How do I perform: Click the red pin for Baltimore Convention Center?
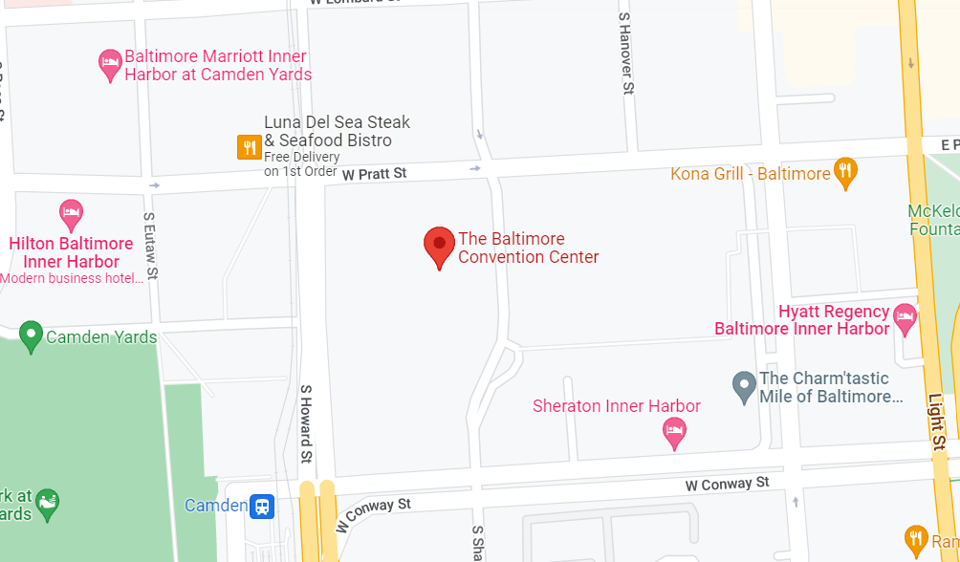coord(439,247)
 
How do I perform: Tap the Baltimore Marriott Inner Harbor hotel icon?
coord(111,64)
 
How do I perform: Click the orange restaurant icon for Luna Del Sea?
coord(250,146)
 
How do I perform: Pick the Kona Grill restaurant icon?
coord(845,172)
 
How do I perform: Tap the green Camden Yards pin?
coord(31,335)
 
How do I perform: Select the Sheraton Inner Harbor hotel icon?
coord(674,432)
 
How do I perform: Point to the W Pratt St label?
coord(375,174)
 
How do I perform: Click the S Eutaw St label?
coord(150,247)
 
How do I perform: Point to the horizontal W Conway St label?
coord(727,485)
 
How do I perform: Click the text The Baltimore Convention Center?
coord(528,248)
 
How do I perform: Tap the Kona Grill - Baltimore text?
coord(750,174)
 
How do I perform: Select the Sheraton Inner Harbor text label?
coord(616,406)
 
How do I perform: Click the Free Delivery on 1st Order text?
coord(301,164)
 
